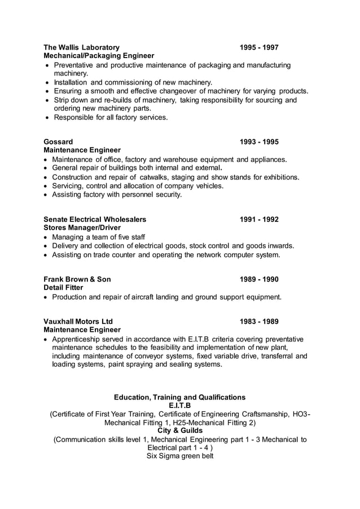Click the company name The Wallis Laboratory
tap(81, 47)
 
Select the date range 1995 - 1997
tap(258, 47)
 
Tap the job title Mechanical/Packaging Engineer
tap(99, 56)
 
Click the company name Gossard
tap(58, 142)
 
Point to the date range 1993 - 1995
tap(258, 142)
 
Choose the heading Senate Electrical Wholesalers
tap(95, 219)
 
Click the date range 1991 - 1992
tap(258, 219)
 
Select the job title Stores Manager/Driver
tap(83, 227)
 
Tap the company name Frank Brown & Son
tap(77, 279)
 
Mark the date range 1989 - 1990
tap(258, 279)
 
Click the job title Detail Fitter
tap(63, 288)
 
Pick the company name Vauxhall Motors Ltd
tap(78, 322)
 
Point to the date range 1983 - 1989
tap(258, 322)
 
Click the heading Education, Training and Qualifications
tap(179, 397)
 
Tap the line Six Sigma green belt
tap(179, 456)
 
